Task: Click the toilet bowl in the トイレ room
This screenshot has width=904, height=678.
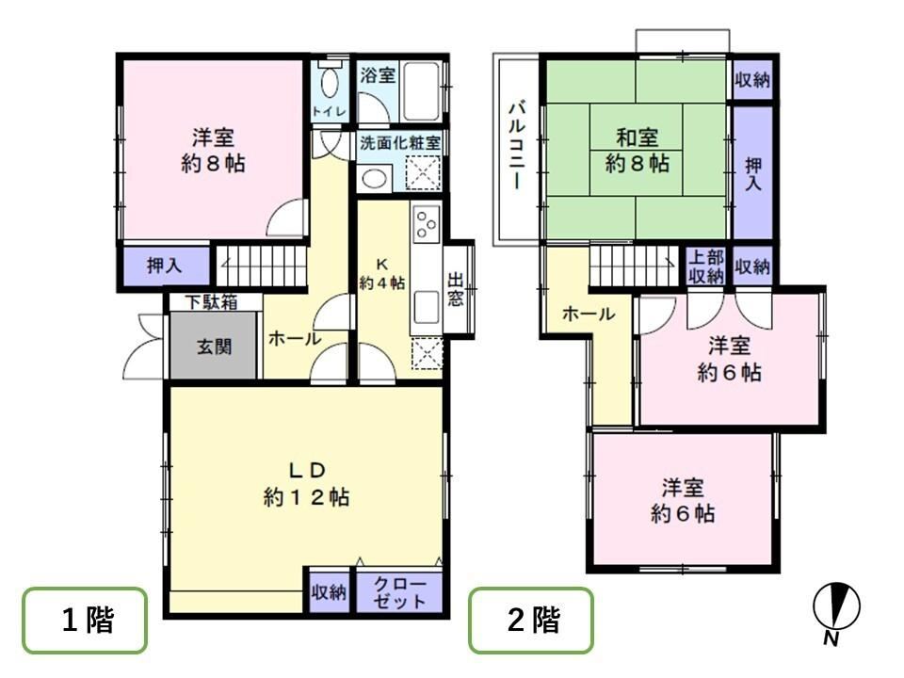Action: coord(330,84)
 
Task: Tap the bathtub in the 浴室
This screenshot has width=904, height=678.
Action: coord(423,91)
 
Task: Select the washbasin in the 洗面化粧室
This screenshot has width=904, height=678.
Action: coord(374,179)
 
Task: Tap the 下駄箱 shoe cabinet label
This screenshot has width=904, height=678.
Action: coord(212,302)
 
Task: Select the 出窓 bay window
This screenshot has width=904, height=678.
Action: coord(459,288)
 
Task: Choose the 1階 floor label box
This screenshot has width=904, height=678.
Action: coord(85,621)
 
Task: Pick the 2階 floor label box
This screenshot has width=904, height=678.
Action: coord(531,621)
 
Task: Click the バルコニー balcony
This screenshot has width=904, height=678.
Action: coord(517,150)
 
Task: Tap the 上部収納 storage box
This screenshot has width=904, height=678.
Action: coord(706,266)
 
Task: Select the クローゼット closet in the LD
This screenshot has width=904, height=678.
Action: coord(399,592)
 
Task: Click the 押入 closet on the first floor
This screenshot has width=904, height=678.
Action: coord(165,266)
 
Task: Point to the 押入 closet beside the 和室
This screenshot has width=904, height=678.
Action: coord(752,171)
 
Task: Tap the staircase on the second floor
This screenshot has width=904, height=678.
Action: coord(634,266)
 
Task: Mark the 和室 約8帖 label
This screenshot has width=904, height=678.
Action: coord(638,151)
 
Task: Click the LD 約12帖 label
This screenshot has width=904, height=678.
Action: coord(306,484)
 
